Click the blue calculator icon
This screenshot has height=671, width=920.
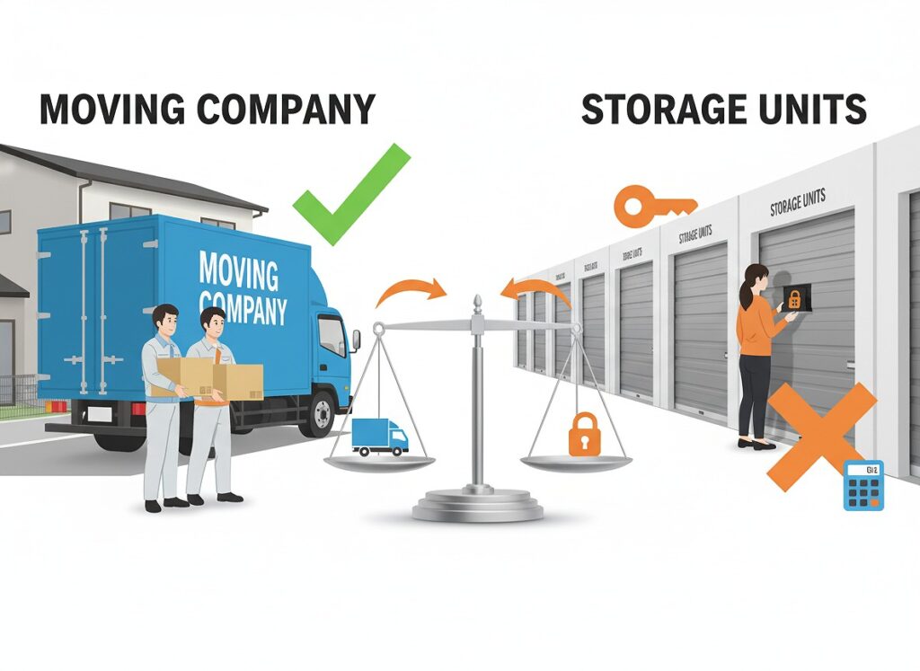(x=863, y=485)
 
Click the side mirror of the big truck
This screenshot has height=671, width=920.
(x=355, y=339)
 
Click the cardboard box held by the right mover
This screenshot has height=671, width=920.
(x=238, y=381)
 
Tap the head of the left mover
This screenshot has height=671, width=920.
(x=164, y=320)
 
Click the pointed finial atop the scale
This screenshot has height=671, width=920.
(x=478, y=302)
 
